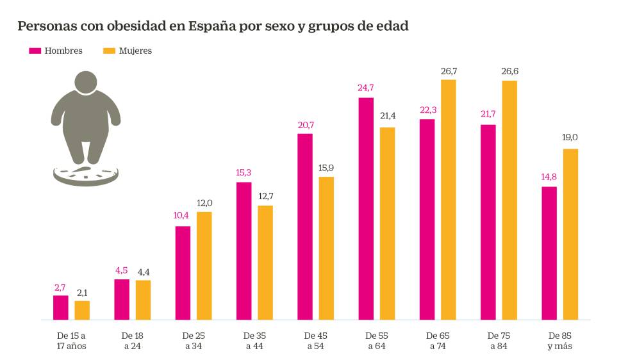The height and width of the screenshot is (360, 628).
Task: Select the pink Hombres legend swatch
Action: [x=35, y=51]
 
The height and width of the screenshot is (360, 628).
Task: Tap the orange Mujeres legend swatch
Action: [x=109, y=51]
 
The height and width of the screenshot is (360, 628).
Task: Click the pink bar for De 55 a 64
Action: [x=366, y=208]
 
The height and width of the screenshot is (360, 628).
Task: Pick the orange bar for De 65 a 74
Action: [x=448, y=199]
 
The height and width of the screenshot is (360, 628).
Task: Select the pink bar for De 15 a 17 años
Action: [x=61, y=307]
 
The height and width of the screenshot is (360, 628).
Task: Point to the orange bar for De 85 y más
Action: [x=570, y=234]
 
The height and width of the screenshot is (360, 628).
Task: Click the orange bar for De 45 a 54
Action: [x=326, y=248]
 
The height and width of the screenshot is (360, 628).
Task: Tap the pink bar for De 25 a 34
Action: [x=183, y=272]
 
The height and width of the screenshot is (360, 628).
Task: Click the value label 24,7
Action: [x=366, y=87]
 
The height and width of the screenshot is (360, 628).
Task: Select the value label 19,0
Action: [x=570, y=138]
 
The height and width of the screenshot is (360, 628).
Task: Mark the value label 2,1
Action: [x=82, y=292]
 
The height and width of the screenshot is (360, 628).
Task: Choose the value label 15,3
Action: [x=244, y=172]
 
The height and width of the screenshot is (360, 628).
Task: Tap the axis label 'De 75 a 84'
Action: [x=498, y=341]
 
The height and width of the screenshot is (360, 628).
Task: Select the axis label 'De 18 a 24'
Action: [x=131, y=341]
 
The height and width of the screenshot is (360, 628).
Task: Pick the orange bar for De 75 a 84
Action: [x=509, y=200]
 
